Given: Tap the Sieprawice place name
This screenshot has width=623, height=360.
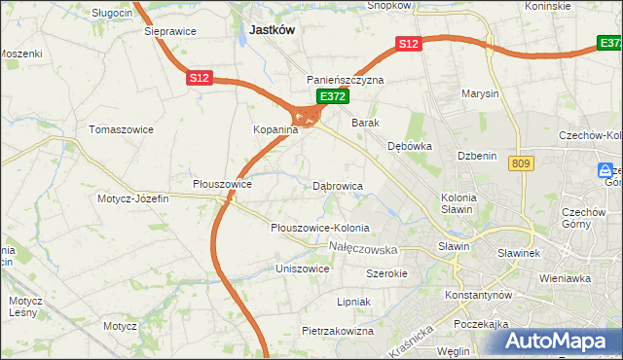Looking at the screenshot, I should [170, 31].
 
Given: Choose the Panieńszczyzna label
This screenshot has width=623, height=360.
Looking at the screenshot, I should [346, 80].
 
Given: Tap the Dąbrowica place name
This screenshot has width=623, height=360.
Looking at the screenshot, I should [338, 185].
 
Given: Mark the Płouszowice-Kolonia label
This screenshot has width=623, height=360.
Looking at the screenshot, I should [320, 228].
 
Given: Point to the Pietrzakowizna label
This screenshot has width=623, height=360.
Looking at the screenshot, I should [338, 331].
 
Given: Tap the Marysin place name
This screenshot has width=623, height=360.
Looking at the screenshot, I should [481, 94].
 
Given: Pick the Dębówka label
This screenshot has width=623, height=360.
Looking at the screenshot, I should [409, 146].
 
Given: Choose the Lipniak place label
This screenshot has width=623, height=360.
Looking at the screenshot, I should [353, 302].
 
